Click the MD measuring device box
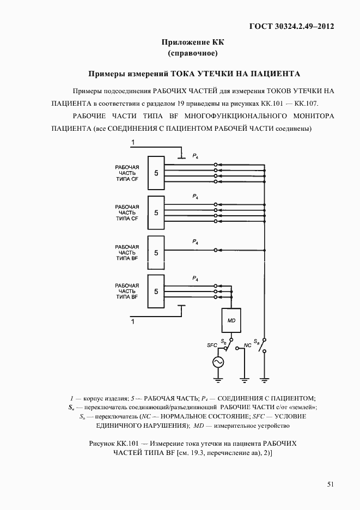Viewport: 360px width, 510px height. click(231, 321)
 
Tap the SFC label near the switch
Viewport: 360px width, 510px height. click(212, 345)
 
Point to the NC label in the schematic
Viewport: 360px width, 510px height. click(247, 345)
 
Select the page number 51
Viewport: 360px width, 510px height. click(331, 484)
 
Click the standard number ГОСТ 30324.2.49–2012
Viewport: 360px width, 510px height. click(291, 26)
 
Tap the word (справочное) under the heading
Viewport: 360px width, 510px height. click(193, 53)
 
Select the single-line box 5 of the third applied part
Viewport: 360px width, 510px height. click(156, 253)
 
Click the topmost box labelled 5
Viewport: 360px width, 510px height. click(156, 173)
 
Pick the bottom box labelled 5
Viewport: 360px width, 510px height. click(156, 292)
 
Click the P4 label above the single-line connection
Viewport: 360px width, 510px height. click(195, 241)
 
